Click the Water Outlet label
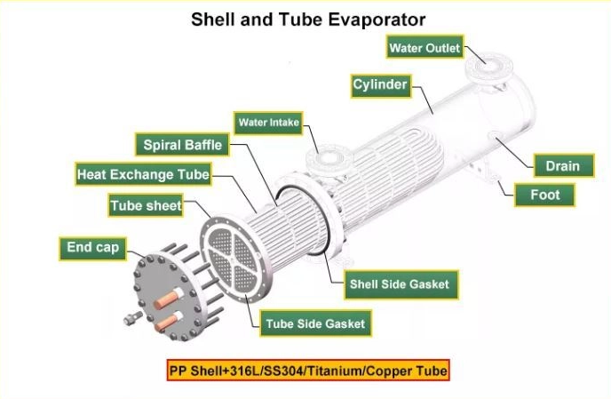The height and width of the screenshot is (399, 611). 425,47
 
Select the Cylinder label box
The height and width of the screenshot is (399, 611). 381,86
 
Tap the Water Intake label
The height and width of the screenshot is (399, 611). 268,123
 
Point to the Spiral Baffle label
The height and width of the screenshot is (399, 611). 182,145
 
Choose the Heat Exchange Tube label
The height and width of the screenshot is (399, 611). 143,174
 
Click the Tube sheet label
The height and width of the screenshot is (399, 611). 146,205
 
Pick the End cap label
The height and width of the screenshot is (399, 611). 92,249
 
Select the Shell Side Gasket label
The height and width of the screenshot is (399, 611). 401,284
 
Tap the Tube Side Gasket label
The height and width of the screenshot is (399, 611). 315,323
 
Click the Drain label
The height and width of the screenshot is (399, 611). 564,166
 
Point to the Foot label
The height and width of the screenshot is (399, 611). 544,195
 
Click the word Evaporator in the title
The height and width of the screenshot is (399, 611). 377,20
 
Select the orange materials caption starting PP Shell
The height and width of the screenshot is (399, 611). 308,371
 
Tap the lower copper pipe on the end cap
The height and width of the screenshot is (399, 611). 169,323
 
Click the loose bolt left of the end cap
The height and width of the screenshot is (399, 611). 133,318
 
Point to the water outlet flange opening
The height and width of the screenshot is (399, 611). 488,66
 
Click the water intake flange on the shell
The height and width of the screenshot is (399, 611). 329,158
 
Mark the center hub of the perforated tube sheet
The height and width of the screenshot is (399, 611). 233,259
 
